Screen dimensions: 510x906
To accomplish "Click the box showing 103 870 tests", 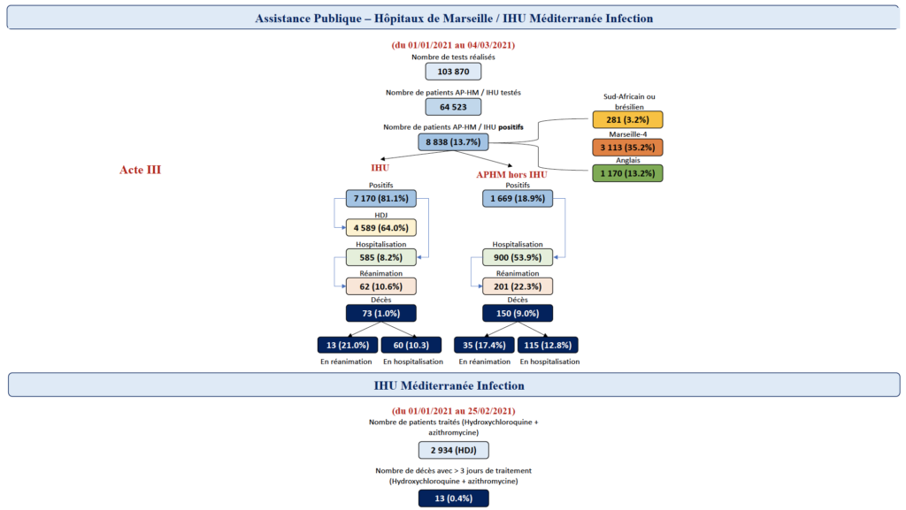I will tap(453, 72).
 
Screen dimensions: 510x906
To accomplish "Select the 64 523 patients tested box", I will tap(453, 107).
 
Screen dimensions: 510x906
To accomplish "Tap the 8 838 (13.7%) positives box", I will tap(453, 141).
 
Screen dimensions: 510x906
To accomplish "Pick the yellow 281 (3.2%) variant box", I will tap(627, 120).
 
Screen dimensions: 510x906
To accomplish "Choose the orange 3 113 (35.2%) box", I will tap(627, 147).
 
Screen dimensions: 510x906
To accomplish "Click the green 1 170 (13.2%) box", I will tap(627, 173).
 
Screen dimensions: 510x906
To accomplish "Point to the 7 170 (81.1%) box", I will tap(380, 199).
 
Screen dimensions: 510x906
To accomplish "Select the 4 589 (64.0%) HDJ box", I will tap(380, 227).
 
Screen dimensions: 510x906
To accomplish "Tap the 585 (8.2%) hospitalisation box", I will tap(380, 258).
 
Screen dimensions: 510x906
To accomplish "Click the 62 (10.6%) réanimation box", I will tap(380, 286).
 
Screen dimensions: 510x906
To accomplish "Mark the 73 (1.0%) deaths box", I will tap(380, 313).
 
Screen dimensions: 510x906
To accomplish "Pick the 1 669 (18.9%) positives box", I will tap(518, 199).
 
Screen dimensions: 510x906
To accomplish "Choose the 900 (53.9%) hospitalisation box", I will tap(518, 258).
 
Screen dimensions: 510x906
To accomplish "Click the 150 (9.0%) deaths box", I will tap(518, 313).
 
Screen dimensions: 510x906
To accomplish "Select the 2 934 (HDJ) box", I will tap(453, 450).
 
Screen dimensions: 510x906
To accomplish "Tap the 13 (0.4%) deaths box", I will tap(453, 498).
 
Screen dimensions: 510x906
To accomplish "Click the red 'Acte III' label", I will tap(140, 170).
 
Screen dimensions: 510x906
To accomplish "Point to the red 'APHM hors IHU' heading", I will tap(511, 174).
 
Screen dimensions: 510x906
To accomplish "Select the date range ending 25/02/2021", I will tap(453, 411).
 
